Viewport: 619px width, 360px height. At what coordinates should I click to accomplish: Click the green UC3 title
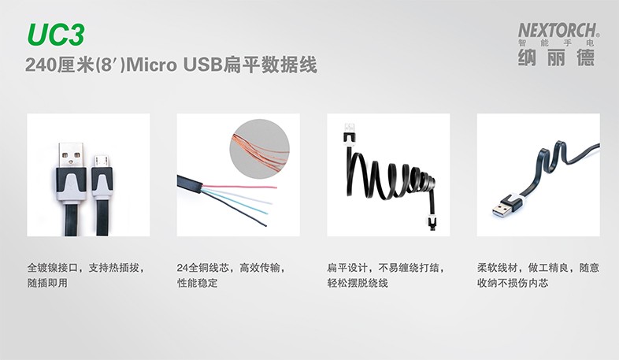click(56, 35)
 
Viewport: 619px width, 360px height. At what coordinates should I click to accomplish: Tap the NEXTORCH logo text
click(558, 30)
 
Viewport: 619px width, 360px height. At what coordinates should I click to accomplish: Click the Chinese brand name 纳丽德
click(556, 58)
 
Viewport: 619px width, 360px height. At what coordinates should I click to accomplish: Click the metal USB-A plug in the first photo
click(71, 155)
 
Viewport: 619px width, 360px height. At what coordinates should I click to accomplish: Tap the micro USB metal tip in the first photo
click(102, 161)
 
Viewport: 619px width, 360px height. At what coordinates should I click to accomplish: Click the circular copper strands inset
click(259, 149)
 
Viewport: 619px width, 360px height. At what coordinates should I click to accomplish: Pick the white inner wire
click(238, 196)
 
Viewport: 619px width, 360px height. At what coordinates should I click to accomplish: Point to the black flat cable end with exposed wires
click(191, 184)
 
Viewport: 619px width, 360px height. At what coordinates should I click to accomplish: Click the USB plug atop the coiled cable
click(350, 133)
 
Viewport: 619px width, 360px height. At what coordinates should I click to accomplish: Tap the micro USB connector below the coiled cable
click(432, 223)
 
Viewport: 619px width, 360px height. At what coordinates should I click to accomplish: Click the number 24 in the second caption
click(183, 268)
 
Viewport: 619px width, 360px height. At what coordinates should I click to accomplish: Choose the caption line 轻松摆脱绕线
click(358, 283)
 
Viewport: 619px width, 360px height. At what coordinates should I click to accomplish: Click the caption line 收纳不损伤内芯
click(513, 283)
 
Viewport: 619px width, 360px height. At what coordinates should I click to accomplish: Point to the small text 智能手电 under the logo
click(556, 43)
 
